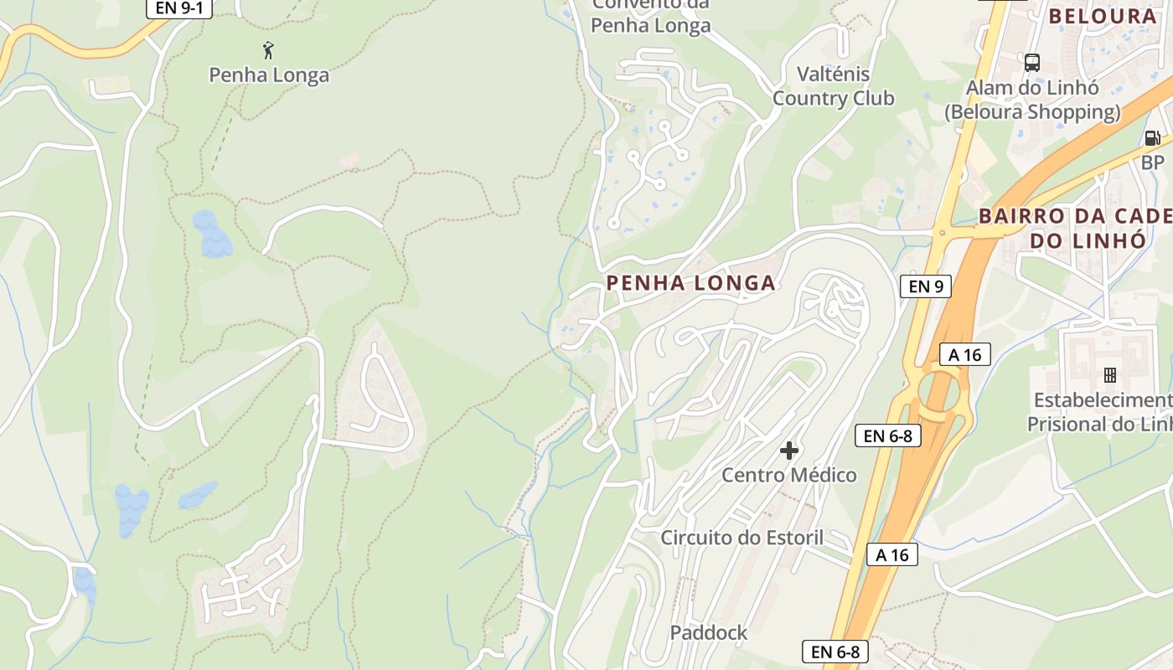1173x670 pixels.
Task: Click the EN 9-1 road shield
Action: pos(179,8)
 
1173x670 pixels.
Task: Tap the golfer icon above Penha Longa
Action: pos(268,50)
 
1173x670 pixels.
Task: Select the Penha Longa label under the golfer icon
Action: pos(269,75)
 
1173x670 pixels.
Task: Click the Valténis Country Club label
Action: pos(833,86)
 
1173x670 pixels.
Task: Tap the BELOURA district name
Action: pos(1102,16)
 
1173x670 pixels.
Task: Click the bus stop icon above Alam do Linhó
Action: pos(1032,62)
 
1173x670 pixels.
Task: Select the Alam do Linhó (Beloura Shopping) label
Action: pos(1032,100)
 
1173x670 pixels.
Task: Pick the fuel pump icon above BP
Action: pos(1153,138)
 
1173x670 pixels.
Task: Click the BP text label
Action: pos(1153,162)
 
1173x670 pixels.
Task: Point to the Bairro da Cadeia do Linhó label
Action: pos(1076,228)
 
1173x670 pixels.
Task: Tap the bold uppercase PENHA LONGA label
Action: pos(690,283)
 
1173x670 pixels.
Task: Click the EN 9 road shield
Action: pos(926,286)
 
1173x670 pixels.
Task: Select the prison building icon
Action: pos(1110,374)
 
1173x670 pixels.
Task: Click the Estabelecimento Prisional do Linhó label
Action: pos(1099,412)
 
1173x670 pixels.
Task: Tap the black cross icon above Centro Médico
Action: pos(788,451)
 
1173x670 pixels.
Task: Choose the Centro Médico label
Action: pos(789,476)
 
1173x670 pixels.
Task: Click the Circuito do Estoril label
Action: pos(742,538)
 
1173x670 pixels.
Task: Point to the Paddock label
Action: pos(708,633)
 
